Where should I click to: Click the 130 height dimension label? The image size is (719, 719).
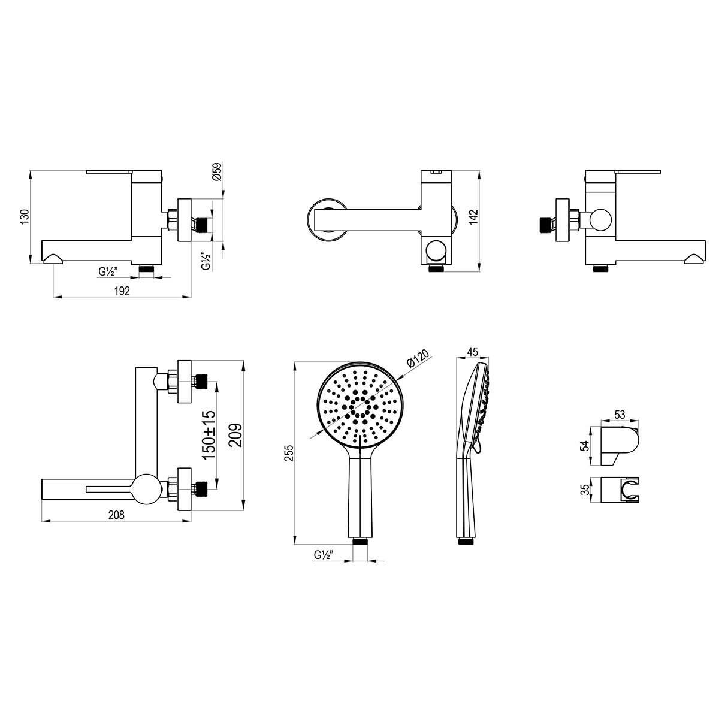point(25,217)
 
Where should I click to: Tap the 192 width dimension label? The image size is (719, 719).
point(122,291)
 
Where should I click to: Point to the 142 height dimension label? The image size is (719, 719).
point(473,217)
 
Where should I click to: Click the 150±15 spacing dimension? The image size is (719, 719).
point(209,435)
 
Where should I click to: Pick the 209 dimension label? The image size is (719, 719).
point(235,435)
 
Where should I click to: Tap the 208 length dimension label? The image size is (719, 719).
point(116,515)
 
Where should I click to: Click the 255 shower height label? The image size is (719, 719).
point(289,452)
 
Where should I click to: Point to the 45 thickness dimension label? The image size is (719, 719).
point(472,352)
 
